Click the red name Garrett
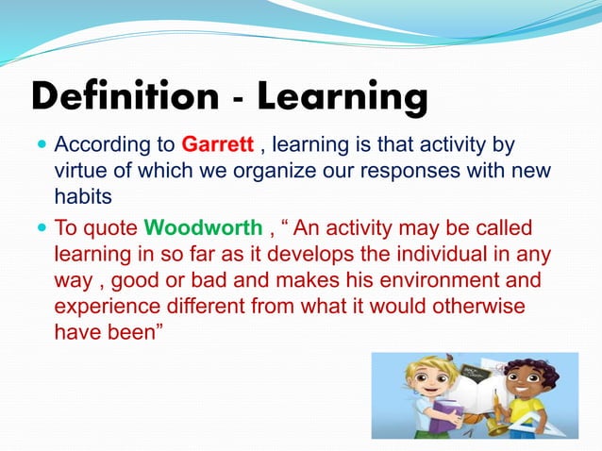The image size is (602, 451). tap(216, 146)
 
